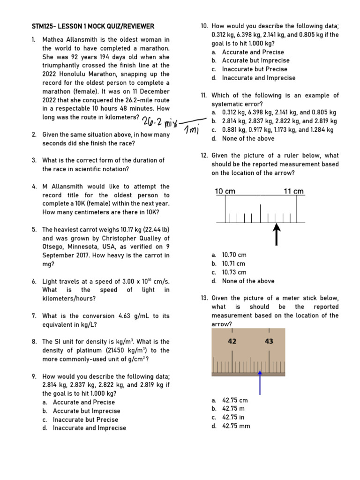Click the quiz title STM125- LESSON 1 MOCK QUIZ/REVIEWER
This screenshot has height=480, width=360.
click(93, 26)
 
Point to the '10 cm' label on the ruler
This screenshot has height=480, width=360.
click(225, 191)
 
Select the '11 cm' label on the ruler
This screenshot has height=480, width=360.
click(294, 191)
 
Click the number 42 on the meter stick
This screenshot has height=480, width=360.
click(232, 342)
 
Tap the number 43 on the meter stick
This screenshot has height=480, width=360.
click(269, 342)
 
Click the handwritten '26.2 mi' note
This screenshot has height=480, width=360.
click(159, 122)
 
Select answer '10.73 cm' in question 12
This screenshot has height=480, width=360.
click(234, 272)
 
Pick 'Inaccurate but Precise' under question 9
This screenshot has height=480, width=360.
click(85, 420)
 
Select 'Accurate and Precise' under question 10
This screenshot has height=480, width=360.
click(253, 52)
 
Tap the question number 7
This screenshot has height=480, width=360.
click(34, 316)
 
